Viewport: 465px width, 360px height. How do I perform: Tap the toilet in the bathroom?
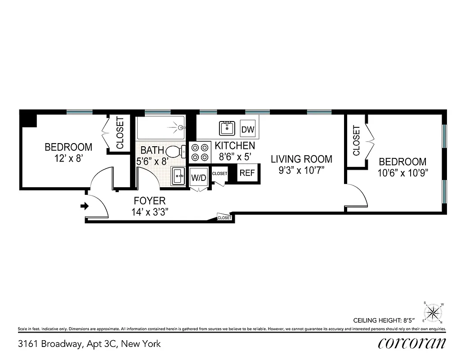(x=175, y=152)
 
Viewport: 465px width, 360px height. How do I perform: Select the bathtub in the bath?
(x=161, y=127)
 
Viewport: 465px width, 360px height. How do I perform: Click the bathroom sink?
(x=178, y=175)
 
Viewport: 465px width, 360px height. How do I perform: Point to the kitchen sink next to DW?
(x=228, y=128)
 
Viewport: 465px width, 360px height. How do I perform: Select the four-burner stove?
(x=200, y=152)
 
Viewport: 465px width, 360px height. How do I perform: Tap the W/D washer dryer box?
(x=198, y=177)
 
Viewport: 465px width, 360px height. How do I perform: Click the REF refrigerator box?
(x=247, y=173)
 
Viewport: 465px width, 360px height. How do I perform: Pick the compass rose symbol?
(x=433, y=312)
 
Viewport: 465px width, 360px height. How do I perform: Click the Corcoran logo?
(x=411, y=343)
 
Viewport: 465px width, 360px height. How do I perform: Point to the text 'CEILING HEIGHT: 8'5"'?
(x=389, y=321)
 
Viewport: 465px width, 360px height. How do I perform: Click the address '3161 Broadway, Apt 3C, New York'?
(x=89, y=344)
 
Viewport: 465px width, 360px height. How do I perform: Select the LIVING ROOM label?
(x=301, y=159)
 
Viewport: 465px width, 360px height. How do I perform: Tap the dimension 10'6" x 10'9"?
(x=402, y=172)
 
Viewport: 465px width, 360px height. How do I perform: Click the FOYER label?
(x=149, y=201)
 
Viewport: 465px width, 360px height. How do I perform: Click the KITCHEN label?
(x=235, y=146)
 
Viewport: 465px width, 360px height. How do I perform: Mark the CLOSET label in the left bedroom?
(x=120, y=133)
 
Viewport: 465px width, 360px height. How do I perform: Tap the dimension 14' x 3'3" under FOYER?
(x=150, y=212)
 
